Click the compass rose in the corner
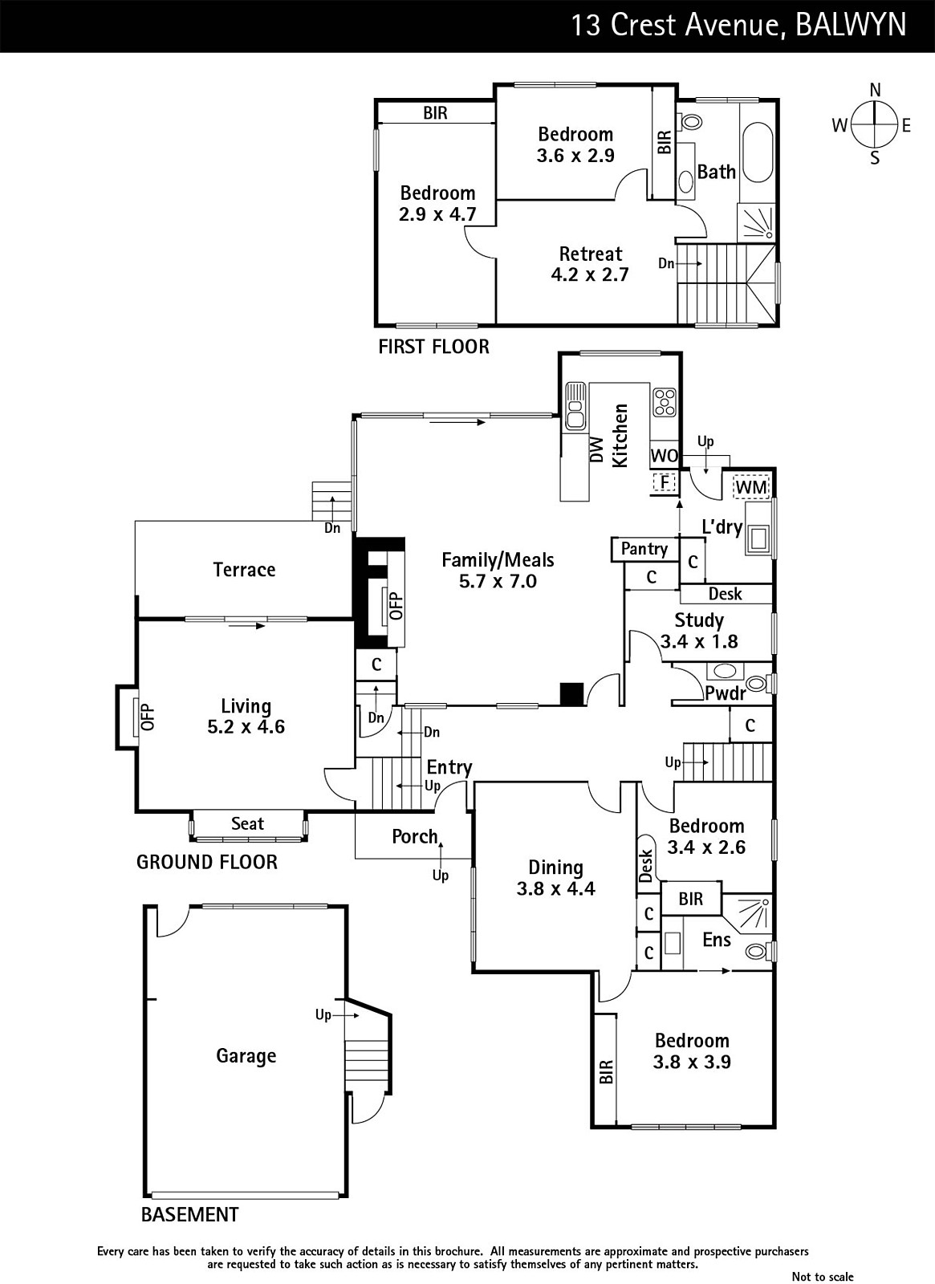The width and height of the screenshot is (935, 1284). pos(874,124)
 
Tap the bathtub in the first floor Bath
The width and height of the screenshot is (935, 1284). pos(758,152)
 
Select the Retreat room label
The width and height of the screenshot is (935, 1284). pos(591,254)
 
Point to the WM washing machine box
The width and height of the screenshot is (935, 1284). pos(751,487)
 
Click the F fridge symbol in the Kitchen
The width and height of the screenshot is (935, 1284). pos(665,482)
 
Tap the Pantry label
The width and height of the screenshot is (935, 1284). pos(644,549)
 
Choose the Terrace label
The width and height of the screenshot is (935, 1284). pos(244,569)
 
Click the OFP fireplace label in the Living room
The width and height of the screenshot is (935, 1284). pos(148,717)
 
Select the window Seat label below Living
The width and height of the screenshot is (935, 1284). pos(248,823)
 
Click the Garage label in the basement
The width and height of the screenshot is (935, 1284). pos(246,1056)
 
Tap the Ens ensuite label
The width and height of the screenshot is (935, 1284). pos(717,940)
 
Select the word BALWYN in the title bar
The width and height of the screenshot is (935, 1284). pos(851,25)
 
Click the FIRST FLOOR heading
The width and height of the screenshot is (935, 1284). pos(434,347)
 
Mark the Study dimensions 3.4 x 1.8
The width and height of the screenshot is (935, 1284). pos(699,641)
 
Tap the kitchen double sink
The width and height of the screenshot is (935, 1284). pos(575,406)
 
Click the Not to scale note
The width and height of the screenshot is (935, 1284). pos(823,1276)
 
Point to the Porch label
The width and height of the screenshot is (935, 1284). pos(415,836)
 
